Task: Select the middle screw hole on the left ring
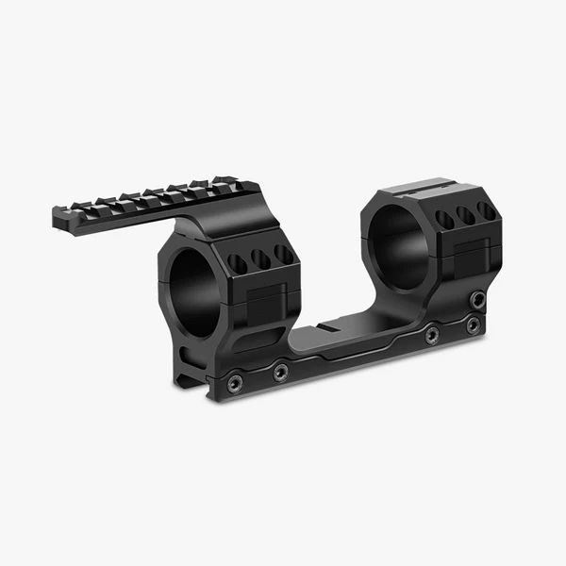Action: point(260,259)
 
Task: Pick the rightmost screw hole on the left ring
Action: point(283,254)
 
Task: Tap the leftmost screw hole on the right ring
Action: point(443,220)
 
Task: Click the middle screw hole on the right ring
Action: point(465,215)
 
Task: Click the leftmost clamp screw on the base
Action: point(233,382)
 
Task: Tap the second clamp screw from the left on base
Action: point(280,373)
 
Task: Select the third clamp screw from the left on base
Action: point(431,334)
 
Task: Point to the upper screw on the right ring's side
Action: point(480,298)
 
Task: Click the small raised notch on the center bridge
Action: point(326,327)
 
